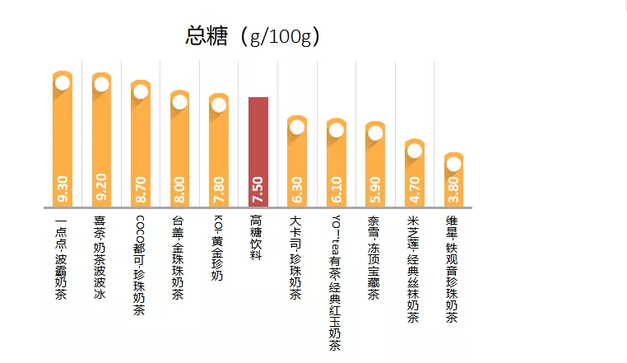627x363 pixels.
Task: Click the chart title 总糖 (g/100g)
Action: click(253, 36)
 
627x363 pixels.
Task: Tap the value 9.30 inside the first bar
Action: click(63, 188)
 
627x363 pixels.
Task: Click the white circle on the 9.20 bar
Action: click(101, 84)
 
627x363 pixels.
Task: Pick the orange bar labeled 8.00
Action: click(179, 148)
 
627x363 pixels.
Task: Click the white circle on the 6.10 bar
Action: click(337, 129)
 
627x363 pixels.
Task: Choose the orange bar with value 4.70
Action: click(415, 173)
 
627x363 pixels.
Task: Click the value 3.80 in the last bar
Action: click(453, 189)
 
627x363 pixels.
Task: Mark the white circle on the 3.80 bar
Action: click(453, 164)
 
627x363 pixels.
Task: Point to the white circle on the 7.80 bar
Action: click(219, 105)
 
